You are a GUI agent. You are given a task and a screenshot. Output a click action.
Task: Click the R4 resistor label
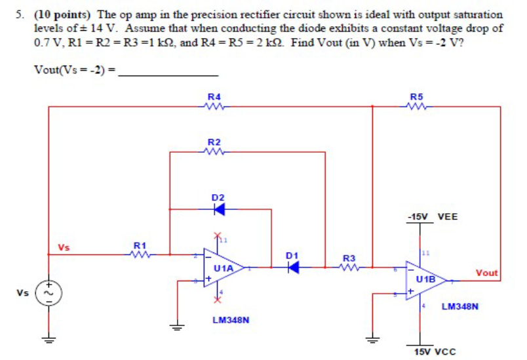coord(214,97)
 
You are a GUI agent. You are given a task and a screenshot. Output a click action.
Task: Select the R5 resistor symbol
coord(416,108)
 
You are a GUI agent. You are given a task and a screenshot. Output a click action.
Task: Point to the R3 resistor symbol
coord(349,268)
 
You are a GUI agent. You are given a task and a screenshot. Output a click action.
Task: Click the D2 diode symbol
coord(218,209)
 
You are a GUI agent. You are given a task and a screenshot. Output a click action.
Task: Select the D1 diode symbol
coord(293,268)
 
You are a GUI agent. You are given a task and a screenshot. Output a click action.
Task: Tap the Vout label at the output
coord(486,273)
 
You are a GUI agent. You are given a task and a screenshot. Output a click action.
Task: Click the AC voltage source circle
coord(49,292)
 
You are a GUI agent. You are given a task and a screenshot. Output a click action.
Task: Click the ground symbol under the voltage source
coord(49,339)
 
